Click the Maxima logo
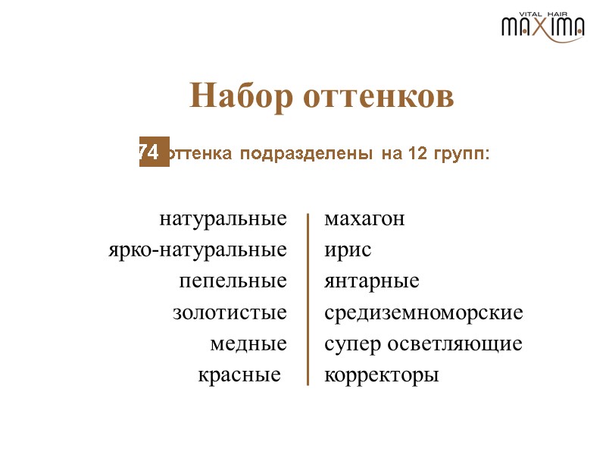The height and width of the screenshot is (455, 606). (542, 27)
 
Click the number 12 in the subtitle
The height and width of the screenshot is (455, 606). (409, 154)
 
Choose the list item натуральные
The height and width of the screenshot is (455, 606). (223, 219)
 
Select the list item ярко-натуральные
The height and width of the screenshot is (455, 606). (198, 249)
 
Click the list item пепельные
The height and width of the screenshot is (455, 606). (233, 281)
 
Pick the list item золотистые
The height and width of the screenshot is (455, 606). (230, 312)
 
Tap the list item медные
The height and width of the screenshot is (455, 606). (248, 344)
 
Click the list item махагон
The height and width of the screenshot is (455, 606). (364, 219)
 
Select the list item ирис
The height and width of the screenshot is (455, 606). (348, 249)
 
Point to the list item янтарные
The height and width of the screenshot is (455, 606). (371, 281)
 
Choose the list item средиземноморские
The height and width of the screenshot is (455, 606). (423, 312)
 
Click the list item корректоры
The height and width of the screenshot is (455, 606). (381, 375)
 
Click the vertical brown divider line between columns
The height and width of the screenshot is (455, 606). (308, 300)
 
